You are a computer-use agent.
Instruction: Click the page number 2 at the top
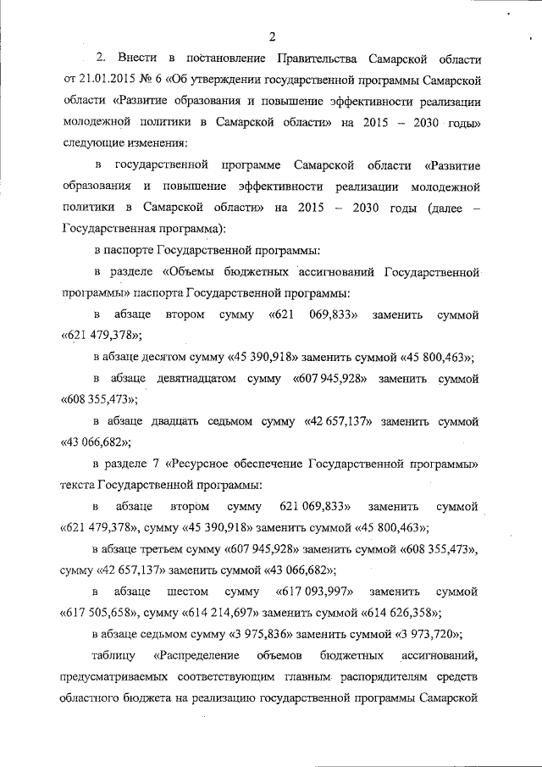point(272,36)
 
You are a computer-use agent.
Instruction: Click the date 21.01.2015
point(103,81)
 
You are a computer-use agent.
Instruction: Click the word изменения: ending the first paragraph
point(160,142)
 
